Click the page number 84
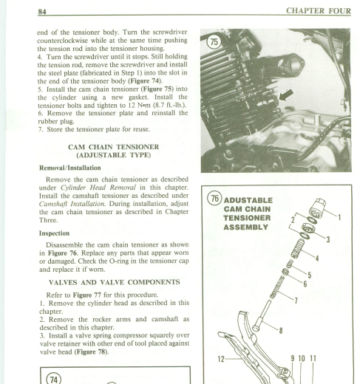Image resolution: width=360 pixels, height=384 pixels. coord(42,12)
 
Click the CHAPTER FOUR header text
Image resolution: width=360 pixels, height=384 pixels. coord(319,11)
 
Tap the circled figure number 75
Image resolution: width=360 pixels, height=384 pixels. coord(214,42)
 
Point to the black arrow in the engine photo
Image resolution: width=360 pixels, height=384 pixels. coord(286,95)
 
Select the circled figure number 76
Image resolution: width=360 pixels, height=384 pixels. coord(214,199)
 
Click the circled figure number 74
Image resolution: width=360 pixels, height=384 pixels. coord(53,380)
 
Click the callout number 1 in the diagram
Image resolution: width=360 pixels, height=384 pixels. coord(339,217)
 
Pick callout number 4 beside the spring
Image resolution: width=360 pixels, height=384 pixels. coord(317,258)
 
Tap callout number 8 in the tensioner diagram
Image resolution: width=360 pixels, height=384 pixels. coord(281,331)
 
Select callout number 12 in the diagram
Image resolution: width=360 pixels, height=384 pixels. coord(221,359)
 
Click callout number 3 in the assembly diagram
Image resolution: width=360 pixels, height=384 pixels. coord(328,239)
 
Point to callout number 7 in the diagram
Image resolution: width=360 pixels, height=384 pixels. coord(296,301)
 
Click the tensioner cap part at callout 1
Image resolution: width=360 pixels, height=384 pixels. coord(317,208)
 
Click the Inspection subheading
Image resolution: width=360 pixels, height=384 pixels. coord(54,233)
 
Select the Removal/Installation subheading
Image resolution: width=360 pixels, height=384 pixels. coord(70,168)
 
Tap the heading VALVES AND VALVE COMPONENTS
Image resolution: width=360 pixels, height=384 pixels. coord(115,282)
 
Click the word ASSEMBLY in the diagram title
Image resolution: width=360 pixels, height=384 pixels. coord(245,227)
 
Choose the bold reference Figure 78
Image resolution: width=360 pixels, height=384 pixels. coord(91,352)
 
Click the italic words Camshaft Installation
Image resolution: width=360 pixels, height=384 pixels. coord(72,204)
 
